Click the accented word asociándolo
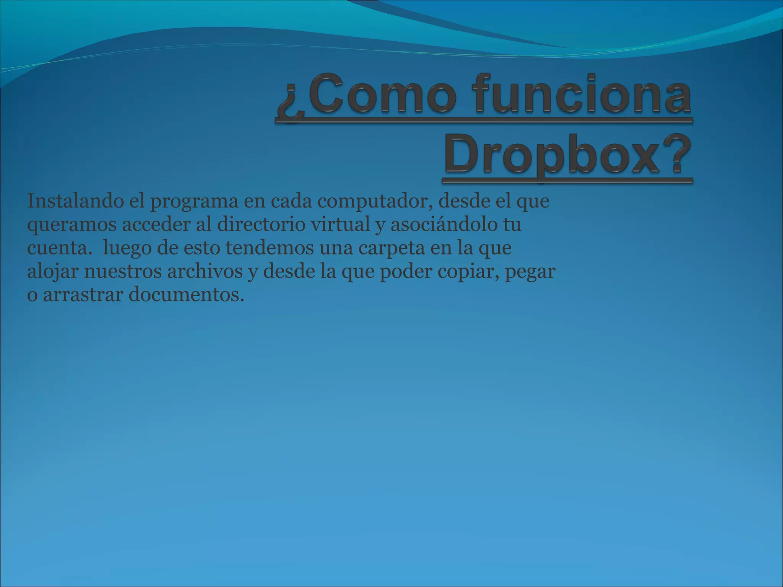[x=441, y=225]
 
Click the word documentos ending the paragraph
[x=186, y=295]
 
